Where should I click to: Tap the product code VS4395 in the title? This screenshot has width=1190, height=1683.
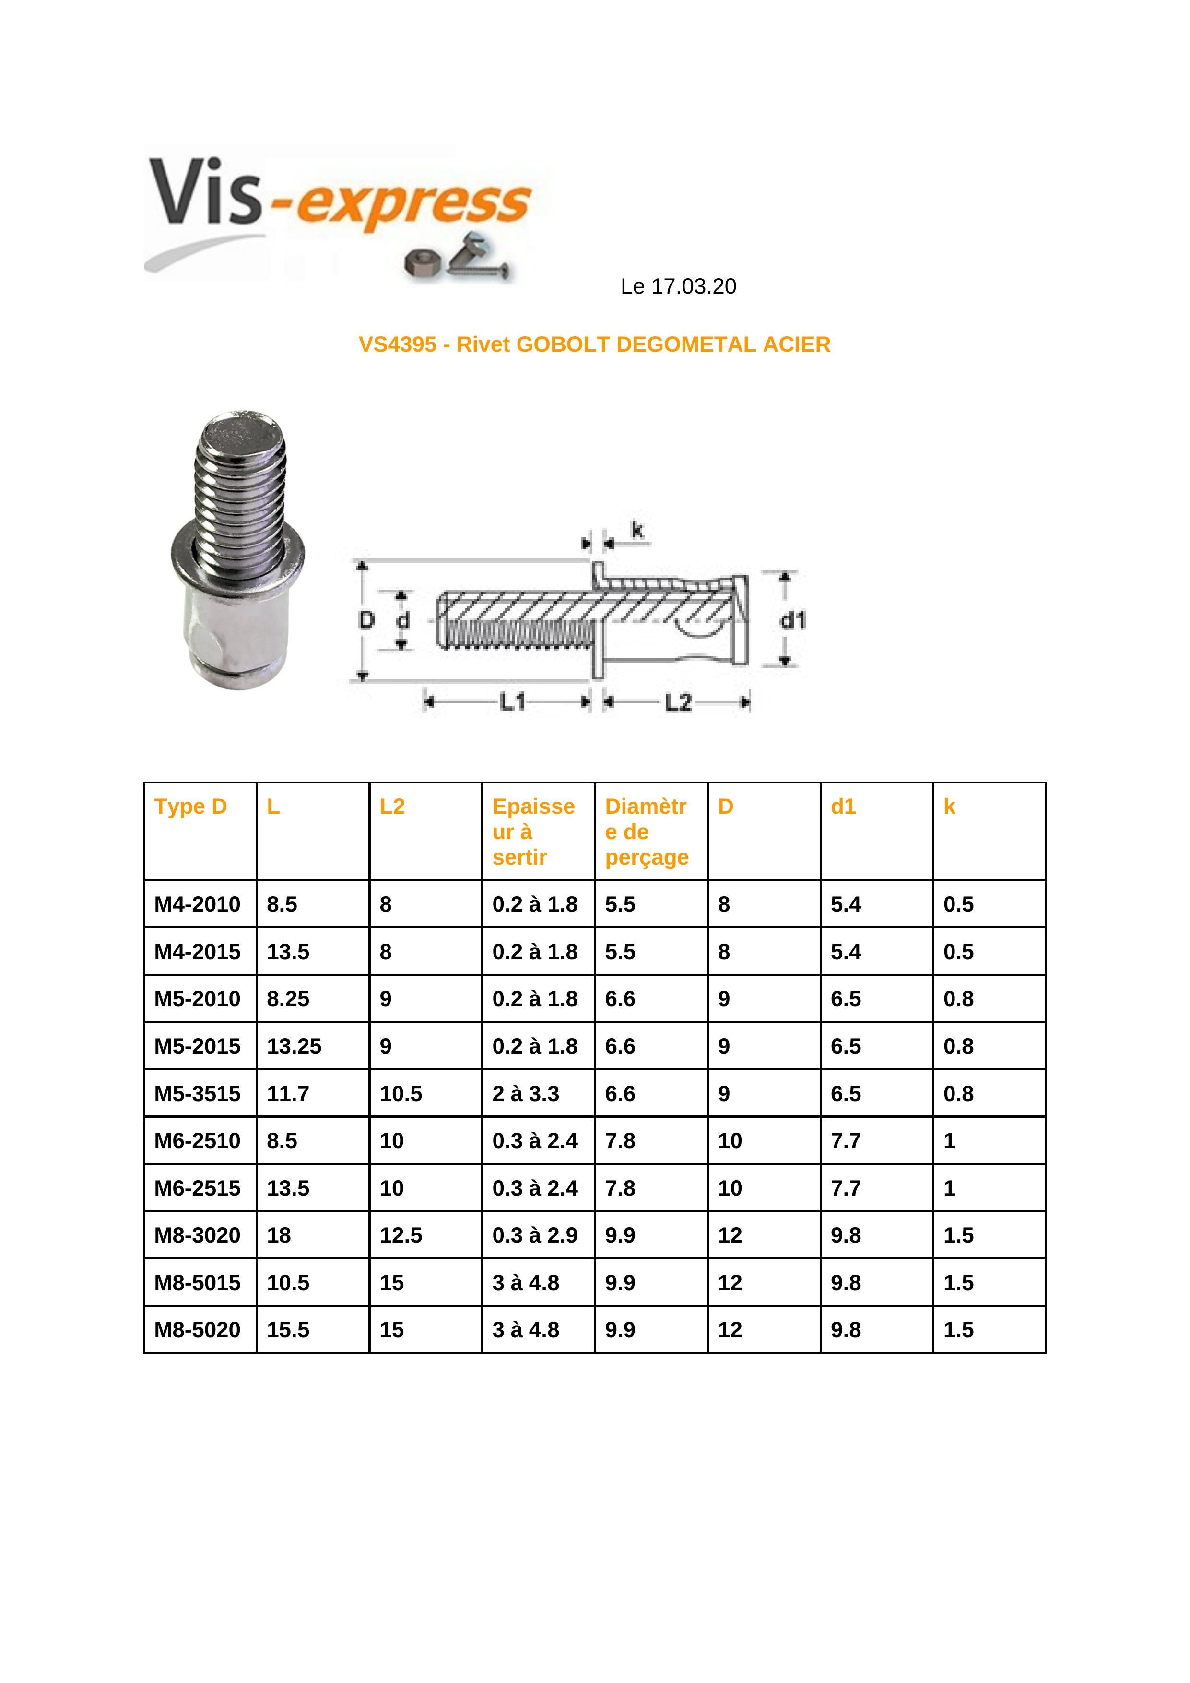pos(397,344)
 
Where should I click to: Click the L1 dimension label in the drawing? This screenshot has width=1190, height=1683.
pos(512,702)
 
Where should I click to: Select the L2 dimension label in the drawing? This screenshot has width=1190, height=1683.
pos(678,702)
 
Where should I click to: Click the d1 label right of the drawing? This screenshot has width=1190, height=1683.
pos(792,620)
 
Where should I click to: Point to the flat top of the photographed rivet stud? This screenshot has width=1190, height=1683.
pos(242,432)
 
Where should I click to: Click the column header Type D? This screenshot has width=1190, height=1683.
pos(190,806)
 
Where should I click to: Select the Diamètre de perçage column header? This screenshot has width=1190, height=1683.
pos(646,831)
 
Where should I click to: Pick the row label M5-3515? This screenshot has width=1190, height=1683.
pos(197,1094)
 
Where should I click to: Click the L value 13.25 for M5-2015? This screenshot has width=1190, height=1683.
pos(294,1046)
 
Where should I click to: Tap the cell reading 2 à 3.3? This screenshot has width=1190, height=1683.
pos(525,1094)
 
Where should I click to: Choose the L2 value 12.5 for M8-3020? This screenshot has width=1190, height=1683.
pos(401,1235)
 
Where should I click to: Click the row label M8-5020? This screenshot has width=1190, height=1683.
pos(197,1330)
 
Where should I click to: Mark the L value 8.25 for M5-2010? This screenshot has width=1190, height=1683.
pos(288,998)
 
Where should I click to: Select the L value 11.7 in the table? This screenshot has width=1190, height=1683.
pos(288,1094)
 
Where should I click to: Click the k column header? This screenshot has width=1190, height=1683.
pos(949,806)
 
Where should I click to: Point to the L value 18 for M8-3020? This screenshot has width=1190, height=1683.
pos(279,1235)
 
